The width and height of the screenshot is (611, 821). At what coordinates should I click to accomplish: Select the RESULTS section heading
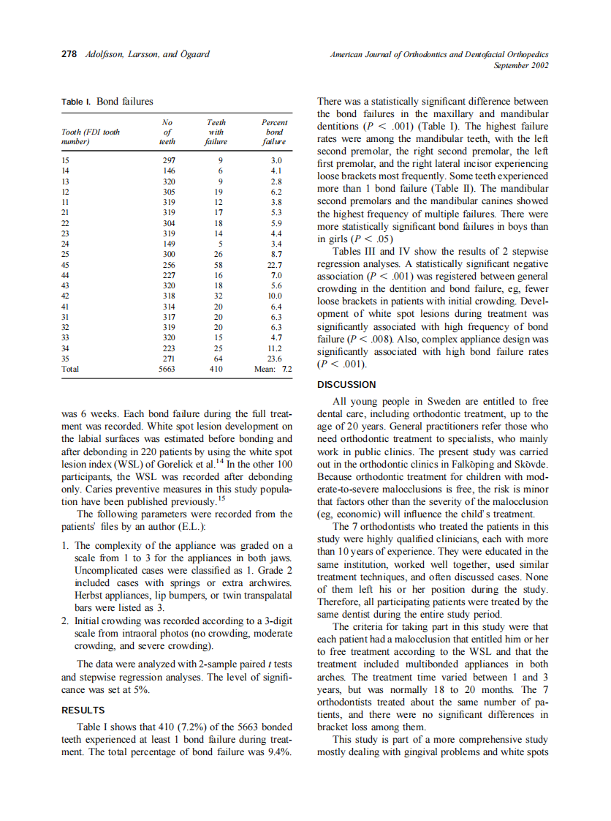(x=83, y=710)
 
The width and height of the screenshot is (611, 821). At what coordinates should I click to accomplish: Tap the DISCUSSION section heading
(x=346, y=384)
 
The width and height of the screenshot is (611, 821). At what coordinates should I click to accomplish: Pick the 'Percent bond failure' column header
(x=274, y=132)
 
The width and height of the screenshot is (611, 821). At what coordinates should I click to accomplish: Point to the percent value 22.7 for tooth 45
(x=274, y=264)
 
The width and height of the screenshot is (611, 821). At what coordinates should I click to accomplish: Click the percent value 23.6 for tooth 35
(x=274, y=359)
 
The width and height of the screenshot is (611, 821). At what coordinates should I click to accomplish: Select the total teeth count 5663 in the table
(x=167, y=370)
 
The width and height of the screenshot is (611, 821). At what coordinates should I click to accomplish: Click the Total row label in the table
(x=71, y=370)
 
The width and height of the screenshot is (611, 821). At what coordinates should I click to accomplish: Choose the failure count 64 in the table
(x=220, y=359)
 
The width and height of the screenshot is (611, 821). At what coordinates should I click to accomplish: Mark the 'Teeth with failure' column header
(x=216, y=132)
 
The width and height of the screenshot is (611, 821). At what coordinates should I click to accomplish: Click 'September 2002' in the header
(x=521, y=65)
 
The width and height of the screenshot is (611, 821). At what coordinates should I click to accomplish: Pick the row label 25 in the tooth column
(x=66, y=254)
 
